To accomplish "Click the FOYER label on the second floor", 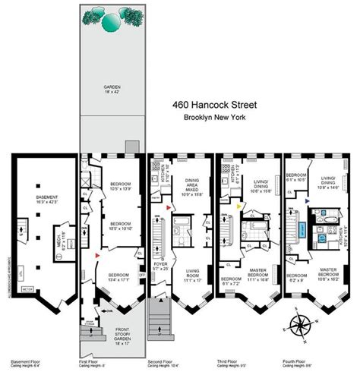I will (159, 266).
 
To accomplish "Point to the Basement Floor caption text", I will (24, 362).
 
